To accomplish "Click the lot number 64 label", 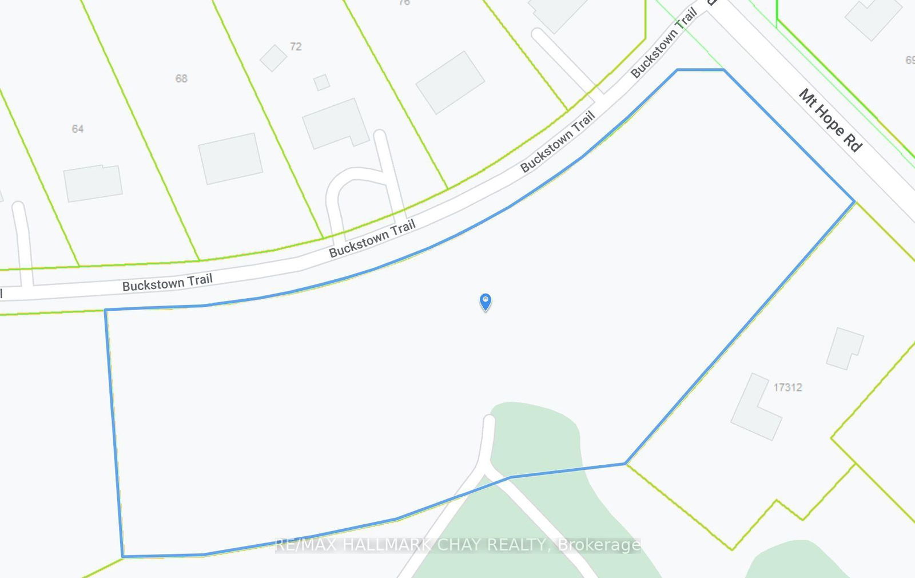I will (78, 129).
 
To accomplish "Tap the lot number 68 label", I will (181, 78).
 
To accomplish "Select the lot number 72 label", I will (296, 46).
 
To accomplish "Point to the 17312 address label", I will (787, 387).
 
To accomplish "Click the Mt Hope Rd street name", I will (830, 120).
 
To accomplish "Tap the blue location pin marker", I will (486, 301).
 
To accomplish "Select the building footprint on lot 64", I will (93, 183).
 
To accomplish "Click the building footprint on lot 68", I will (230, 159).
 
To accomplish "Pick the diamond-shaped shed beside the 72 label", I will (273, 58).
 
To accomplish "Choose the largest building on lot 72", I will (335, 124).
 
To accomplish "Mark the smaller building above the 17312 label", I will (844, 349).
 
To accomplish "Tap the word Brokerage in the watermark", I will (599, 545).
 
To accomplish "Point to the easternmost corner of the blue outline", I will (854, 201).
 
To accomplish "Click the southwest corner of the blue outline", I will (122, 556).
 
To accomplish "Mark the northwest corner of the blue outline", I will (105, 310).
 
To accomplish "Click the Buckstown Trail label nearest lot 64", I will (167, 282).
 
